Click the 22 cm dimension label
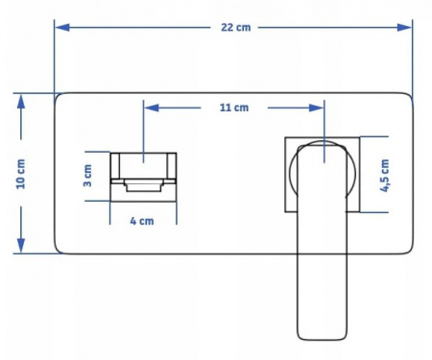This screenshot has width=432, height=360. [x=236, y=28]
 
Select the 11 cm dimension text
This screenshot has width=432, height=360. [x=234, y=108]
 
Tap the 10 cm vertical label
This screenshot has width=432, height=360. [x=21, y=174]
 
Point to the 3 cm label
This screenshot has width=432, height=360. [x=87, y=176]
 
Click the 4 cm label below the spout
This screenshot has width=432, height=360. [x=142, y=221]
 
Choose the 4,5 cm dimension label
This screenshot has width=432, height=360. [x=384, y=176]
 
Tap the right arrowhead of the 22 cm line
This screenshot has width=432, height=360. [x=404, y=28]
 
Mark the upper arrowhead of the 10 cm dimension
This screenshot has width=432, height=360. [x=21, y=102]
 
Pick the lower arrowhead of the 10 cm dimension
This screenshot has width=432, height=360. [x=21, y=245]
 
